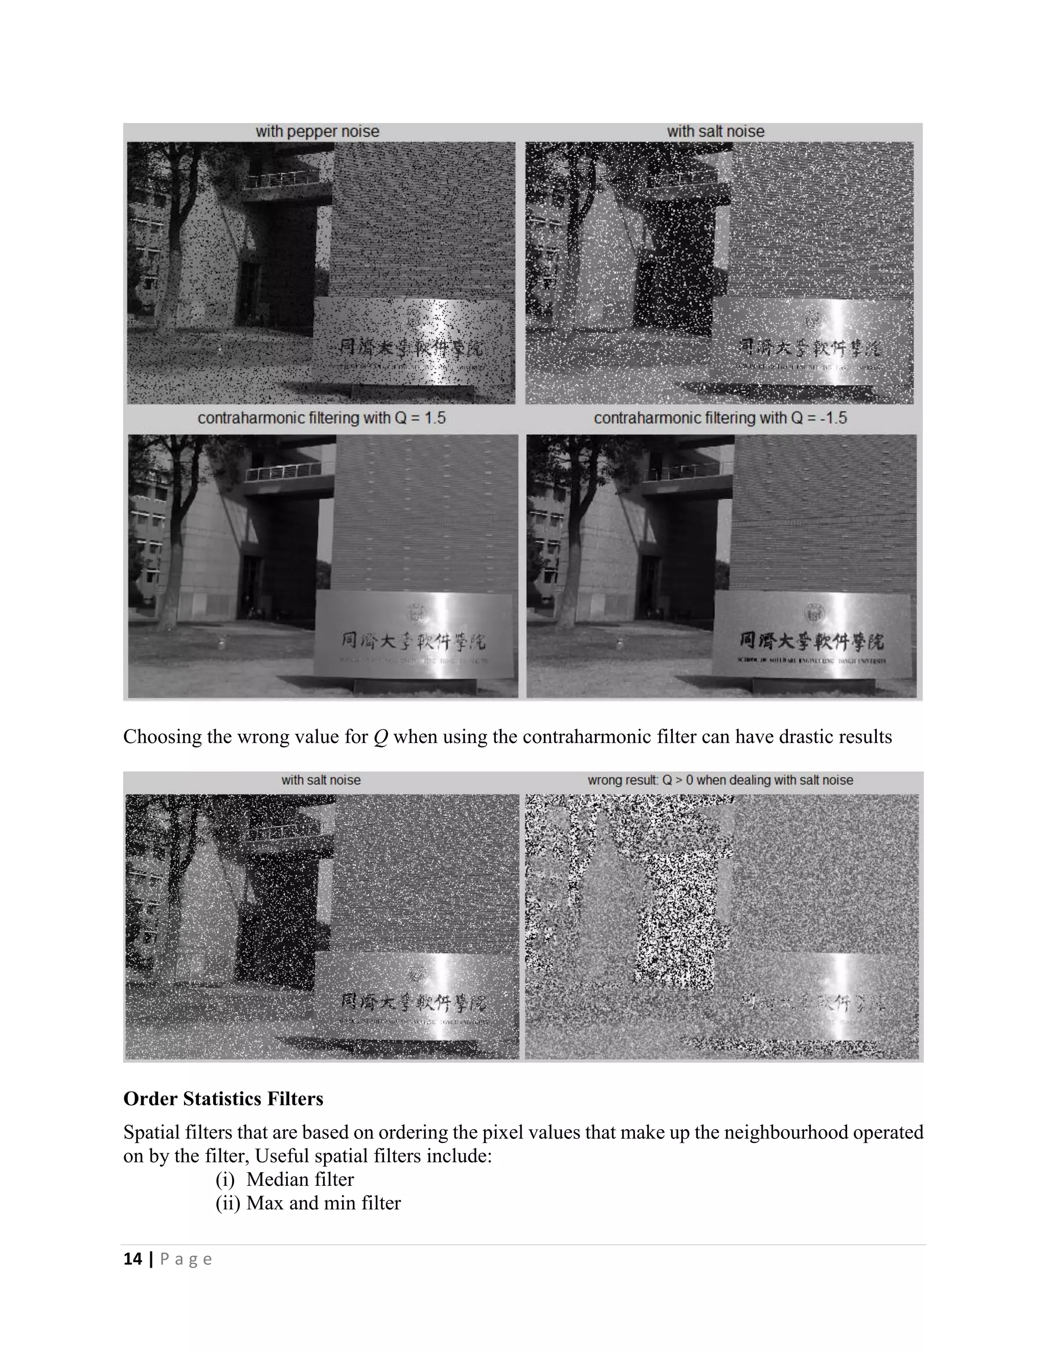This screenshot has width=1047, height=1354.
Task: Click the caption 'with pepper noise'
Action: pyautogui.click(x=317, y=131)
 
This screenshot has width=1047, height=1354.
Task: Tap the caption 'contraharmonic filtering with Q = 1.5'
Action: pyautogui.click(x=321, y=418)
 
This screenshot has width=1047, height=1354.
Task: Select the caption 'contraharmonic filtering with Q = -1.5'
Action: pyautogui.click(x=720, y=418)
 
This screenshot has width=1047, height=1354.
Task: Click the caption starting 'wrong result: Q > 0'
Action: pyautogui.click(x=720, y=780)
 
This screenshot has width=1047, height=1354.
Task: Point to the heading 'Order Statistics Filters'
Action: pyautogui.click(x=223, y=1099)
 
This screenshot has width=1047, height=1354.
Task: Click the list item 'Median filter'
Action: pyautogui.click(x=300, y=1179)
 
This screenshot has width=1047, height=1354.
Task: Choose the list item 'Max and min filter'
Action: pyautogui.click(x=323, y=1203)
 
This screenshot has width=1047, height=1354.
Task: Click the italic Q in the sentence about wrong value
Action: pyautogui.click(x=381, y=737)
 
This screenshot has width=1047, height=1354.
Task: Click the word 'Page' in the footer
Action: pyautogui.click(x=186, y=1259)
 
